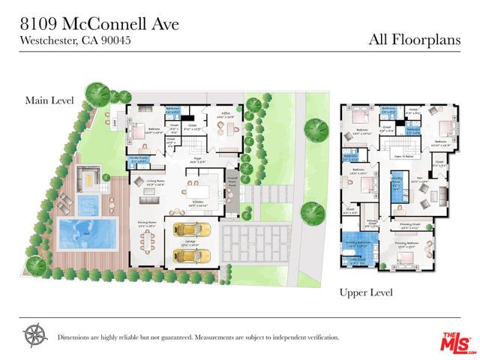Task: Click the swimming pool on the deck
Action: tap(87, 232)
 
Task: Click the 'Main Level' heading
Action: tap(46, 100)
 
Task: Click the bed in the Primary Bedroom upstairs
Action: tap(406, 257)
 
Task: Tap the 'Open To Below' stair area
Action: tap(405, 157)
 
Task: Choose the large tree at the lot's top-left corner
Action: tap(96, 93)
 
